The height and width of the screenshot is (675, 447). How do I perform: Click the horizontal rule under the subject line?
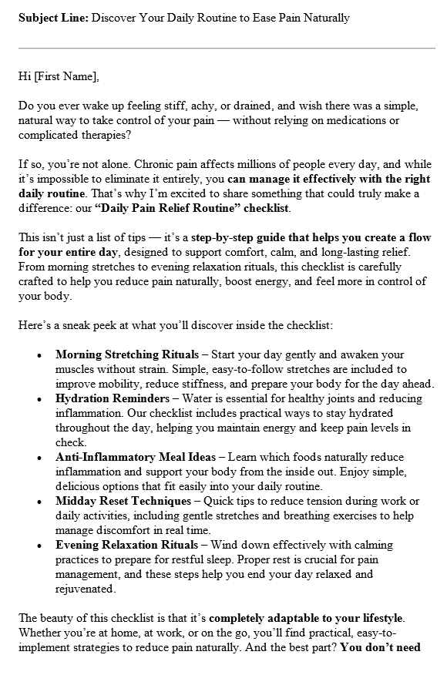227,49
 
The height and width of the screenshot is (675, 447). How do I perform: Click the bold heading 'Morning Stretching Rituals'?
125,355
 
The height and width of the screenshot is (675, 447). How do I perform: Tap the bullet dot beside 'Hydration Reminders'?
39,399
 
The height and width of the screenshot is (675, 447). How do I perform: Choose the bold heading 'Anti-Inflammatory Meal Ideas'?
136,457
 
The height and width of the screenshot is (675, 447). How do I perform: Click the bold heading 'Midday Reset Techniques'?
123,501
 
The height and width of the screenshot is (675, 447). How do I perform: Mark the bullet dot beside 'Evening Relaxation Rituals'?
39,545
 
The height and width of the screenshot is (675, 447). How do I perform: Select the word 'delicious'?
82,486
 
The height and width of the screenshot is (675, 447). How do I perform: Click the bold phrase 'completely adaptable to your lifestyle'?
307,617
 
